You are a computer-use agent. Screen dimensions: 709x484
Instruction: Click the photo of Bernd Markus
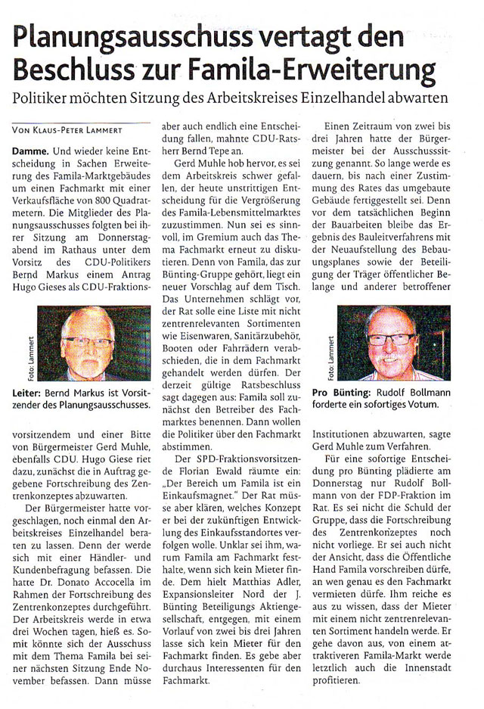tap(85, 347)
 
